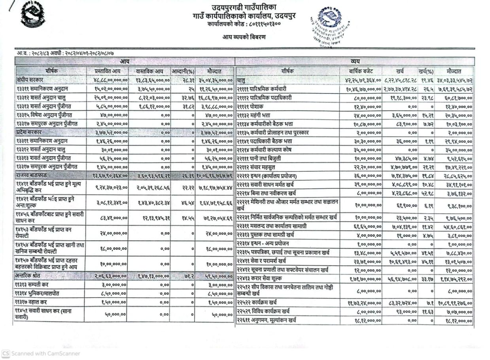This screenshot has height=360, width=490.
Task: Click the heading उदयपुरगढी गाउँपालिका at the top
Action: [244, 6]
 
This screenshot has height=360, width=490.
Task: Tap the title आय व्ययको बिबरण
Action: [244, 37]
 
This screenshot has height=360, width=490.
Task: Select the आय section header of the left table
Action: [125, 61]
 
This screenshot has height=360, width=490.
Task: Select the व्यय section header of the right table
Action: [355, 61]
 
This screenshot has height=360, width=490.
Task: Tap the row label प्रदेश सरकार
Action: [29, 132]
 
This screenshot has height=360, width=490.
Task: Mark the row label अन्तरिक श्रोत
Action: [30, 276]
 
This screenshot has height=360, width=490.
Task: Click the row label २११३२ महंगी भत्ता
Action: [254, 115]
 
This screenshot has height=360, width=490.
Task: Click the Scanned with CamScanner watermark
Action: [41, 353]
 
